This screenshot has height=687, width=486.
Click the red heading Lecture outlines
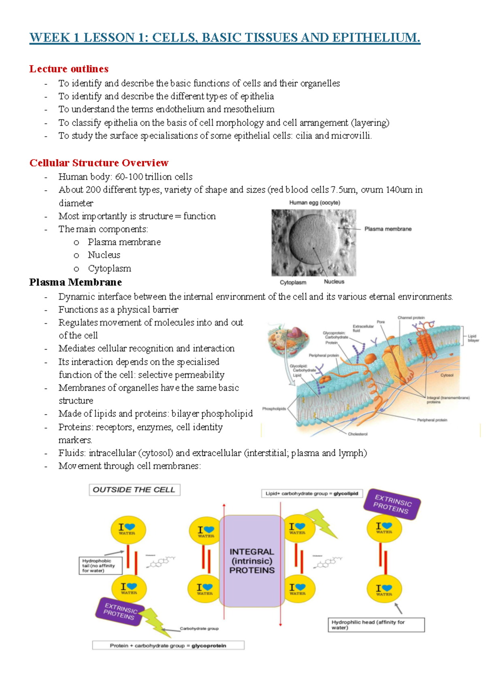tap(69, 69)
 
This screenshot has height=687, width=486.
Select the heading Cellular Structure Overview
tap(99, 163)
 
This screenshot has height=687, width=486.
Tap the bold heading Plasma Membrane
tap(75, 282)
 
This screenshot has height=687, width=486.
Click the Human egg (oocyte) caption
tap(314, 203)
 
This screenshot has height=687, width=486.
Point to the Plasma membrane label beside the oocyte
tap(388, 229)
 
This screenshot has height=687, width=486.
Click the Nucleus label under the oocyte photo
tap(334, 282)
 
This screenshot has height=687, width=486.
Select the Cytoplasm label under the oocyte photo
tap(293, 282)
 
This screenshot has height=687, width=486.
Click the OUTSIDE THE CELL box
tap(134, 490)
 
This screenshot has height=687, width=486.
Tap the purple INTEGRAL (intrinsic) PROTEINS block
tap(252, 561)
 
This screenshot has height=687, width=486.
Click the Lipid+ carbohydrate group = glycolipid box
tap(312, 493)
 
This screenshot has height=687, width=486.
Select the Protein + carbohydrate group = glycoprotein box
tap(168, 645)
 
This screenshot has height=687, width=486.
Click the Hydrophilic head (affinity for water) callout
tap(376, 625)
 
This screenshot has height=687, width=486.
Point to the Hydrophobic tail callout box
tap(100, 565)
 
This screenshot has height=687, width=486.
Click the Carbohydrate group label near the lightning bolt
tap(199, 629)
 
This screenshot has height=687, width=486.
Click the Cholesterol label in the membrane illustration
tap(358, 434)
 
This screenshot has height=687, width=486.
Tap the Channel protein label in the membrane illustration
tap(411, 318)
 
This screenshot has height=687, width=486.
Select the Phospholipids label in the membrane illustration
tap(274, 409)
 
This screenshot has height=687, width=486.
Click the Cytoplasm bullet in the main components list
tap(109, 269)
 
